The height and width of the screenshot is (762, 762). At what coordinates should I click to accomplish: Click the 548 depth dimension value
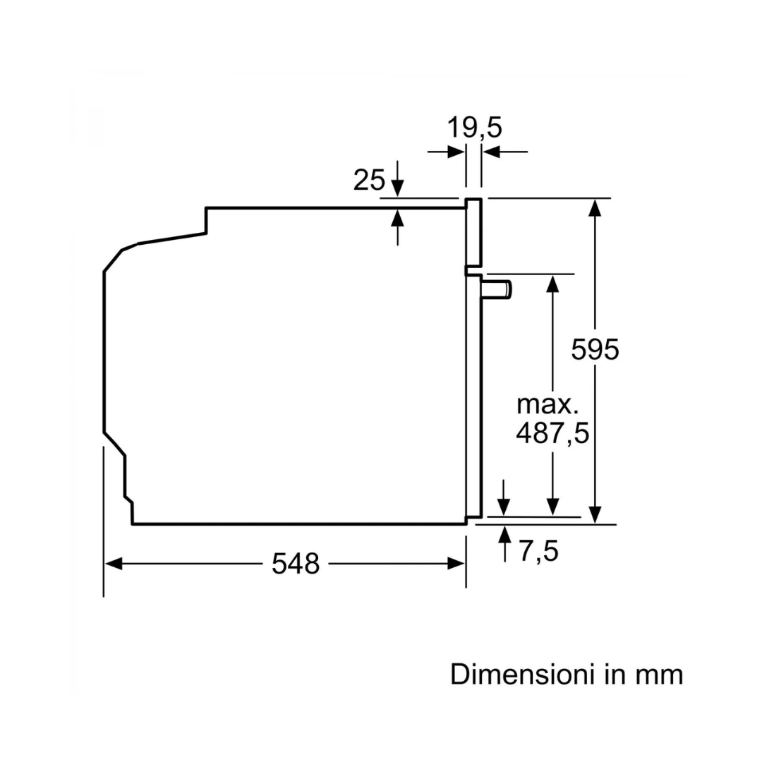coord(296,564)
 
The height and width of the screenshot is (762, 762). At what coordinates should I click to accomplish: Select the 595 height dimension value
coord(595,349)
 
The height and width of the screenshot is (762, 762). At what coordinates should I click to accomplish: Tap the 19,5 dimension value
coord(474,128)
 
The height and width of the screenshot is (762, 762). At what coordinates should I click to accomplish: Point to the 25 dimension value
coord(369,179)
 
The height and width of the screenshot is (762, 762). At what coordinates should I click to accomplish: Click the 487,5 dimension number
coord(552,433)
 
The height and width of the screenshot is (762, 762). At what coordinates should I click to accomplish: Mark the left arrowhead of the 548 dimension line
coord(114,564)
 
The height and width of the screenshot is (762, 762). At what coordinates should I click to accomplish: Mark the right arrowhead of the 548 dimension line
coord(456,564)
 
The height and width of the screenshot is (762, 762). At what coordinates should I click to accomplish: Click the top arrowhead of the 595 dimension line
coord(595,208)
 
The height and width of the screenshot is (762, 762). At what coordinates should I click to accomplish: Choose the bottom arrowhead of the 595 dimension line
coord(595,514)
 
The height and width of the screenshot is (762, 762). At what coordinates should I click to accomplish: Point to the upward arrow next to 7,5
coord(505,544)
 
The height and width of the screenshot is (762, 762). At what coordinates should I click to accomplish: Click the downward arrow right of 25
coord(397,179)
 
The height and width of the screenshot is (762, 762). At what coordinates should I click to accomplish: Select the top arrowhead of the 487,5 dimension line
coord(552,284)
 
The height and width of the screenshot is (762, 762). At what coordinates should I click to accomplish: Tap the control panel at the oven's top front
coord(473,233)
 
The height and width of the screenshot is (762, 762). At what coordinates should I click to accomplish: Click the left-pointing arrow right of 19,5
coord(505,152)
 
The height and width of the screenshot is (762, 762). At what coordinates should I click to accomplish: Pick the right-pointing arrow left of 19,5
coord(446,152)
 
